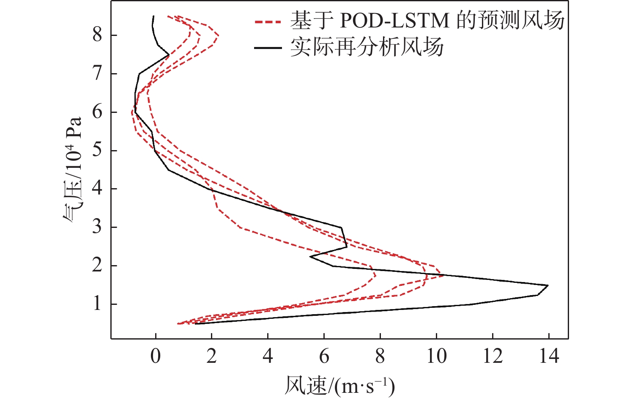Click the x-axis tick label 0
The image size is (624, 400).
click(x=156, y=356)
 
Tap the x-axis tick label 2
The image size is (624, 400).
click(x=211, y=356)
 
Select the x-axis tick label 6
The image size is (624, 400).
click(x=324, y=356)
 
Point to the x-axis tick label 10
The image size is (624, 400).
click(x=436, y=356)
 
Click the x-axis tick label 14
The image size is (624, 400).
click(x=549, y=356)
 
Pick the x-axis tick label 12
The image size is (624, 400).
click(x=493, y=356)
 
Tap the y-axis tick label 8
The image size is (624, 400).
click(x=98, y=35)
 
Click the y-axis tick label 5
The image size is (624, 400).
click(x=98, y=151)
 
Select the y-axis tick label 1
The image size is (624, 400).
click(x=98, y=304)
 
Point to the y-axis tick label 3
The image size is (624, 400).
click(x=98, y=227)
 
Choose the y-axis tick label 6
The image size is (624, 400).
click(x=98, y=112)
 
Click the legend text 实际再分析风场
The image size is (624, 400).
click(x=367, y=47)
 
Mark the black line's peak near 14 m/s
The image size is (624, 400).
click(x=548, y=285)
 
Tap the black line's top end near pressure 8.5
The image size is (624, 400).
click(x=153, y=16)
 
